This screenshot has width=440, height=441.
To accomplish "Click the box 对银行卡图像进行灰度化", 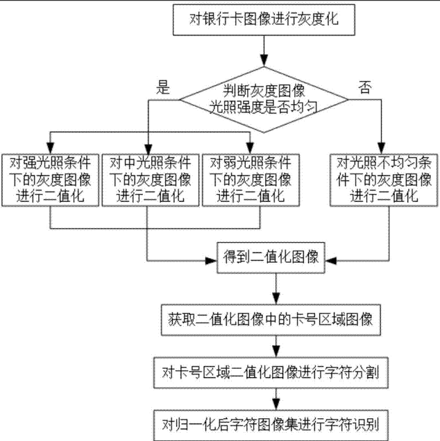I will click(x=263, y=21).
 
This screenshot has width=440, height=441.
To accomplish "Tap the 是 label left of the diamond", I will click(x=164, y=87).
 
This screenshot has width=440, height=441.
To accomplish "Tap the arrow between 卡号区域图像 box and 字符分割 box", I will click(x=276, y=347).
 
